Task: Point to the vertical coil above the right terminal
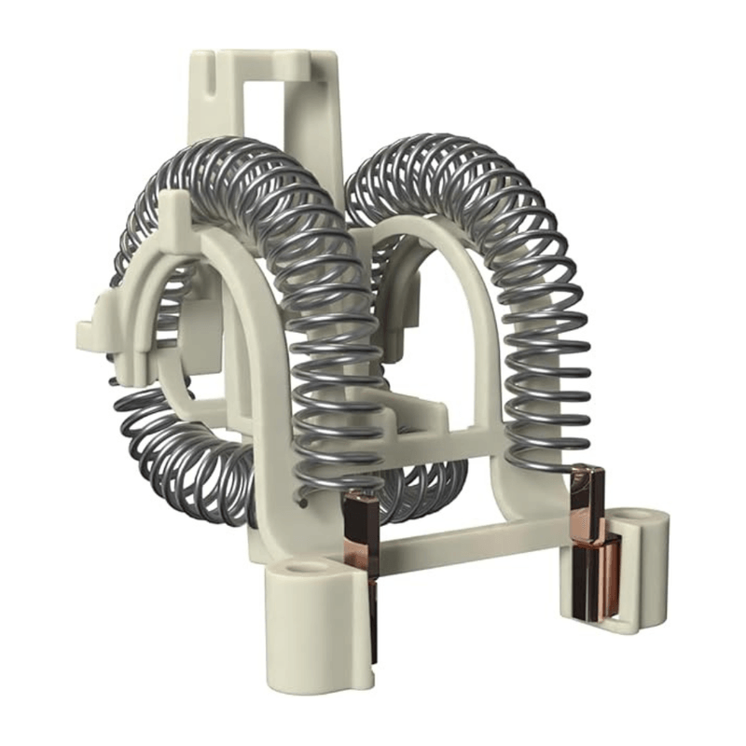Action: click(x=550, y=373)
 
